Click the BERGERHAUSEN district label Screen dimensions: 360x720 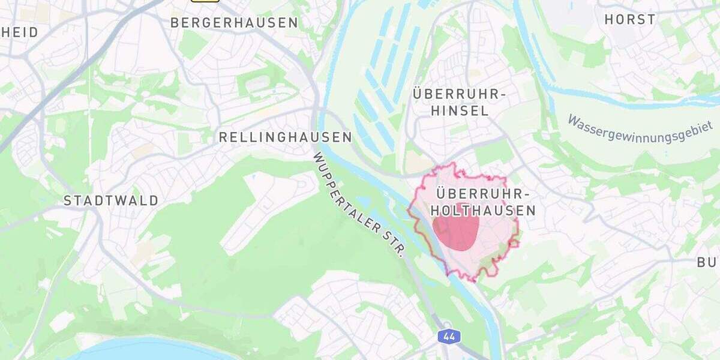(234, 23)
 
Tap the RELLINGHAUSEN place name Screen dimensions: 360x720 (285, 137)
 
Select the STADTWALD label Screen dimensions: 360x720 (111, 200)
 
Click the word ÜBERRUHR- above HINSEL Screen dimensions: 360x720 (460, 95)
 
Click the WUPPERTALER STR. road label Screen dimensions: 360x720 (359, 204)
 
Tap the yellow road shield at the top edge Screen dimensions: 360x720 (205, 1)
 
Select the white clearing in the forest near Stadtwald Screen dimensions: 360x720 (264, 210)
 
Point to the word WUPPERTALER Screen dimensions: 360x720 (350, 191)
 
